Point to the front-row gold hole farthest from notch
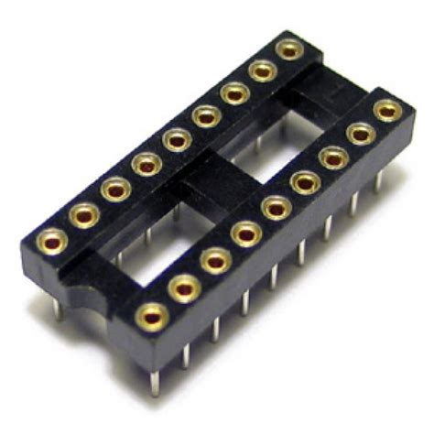[x=388, y=109]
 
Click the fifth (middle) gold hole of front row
[x=275, y=210]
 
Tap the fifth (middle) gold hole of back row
[x=173, y=141]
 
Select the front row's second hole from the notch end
[x=184, y=288]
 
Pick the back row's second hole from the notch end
[x=83, y=214]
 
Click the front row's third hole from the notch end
[x=215, y=261]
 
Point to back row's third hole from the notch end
[x=114, y=190]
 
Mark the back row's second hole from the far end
[x=263, y=71]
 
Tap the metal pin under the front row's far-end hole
[x=378, y=179]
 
